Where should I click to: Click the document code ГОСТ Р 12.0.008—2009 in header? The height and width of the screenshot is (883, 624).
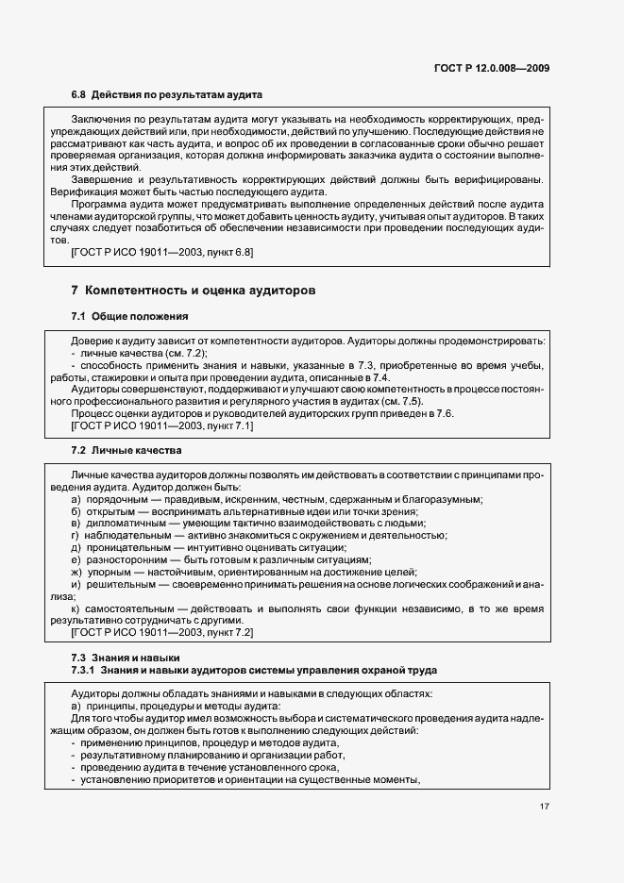[x=493, y=68]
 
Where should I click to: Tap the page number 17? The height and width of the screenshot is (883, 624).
[x=545, y=807]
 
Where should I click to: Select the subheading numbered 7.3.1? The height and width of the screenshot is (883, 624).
[x=254, y=670]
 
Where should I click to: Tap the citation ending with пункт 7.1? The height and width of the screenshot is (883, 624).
[x=161, y=426]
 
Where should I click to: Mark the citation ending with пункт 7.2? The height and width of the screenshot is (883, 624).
[x=161, y=632]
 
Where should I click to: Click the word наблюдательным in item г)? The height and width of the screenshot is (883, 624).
[x=126, y=536]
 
